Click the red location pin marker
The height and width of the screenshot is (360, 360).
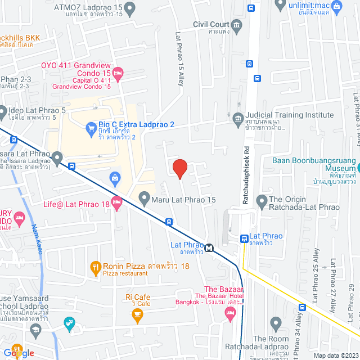coord(179,168)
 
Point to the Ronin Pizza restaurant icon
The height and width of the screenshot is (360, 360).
coord(95,266)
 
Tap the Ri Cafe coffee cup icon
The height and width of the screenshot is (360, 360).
coord(136,317)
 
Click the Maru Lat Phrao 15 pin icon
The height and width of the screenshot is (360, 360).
coord(144,198)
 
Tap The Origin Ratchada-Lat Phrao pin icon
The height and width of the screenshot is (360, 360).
coord(261,200)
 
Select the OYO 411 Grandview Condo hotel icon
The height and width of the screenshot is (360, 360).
coord(118,73)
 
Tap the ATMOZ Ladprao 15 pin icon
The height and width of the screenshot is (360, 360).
coord(130,8)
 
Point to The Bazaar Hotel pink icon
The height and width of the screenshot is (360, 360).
coord(229,316)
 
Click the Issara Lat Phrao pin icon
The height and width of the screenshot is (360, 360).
coord(57,155)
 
